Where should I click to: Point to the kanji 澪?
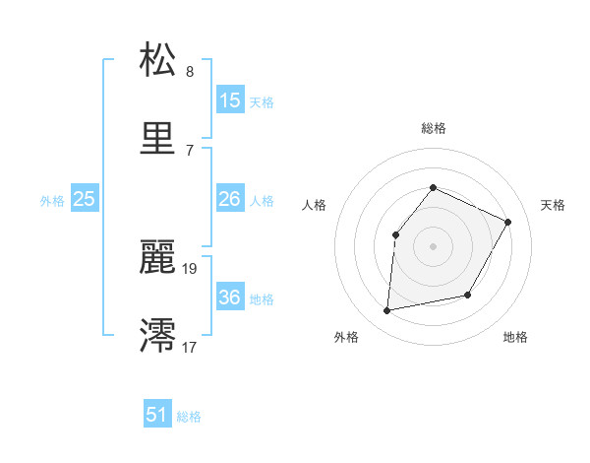(157, 334)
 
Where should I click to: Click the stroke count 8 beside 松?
(190, 72)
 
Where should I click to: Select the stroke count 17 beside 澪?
(191, 346)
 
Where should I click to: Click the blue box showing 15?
(230, 99)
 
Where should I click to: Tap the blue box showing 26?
(230, 199)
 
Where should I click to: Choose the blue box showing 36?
(230, 298)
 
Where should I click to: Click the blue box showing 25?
(84, 199)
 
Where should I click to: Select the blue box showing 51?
(156, 415)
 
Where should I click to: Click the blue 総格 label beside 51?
(189, 417)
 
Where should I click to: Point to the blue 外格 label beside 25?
(52, 201)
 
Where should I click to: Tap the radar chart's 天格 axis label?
(554, 205)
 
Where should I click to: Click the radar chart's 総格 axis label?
(434, 128)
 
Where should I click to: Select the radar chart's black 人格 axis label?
(314, 205)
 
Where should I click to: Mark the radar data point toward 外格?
(388, 311)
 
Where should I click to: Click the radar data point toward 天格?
(508, 222)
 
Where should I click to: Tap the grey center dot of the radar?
(434, 246)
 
